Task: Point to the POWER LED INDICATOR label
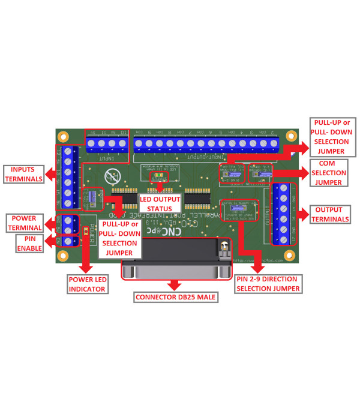click(x=87, y=284)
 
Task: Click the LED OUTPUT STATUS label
click(x=155, y=203)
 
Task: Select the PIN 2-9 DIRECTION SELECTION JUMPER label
click(x=268, y=284)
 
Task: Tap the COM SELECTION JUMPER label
click(x=330, y=173)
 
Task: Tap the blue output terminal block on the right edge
click(x=283, y=213)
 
